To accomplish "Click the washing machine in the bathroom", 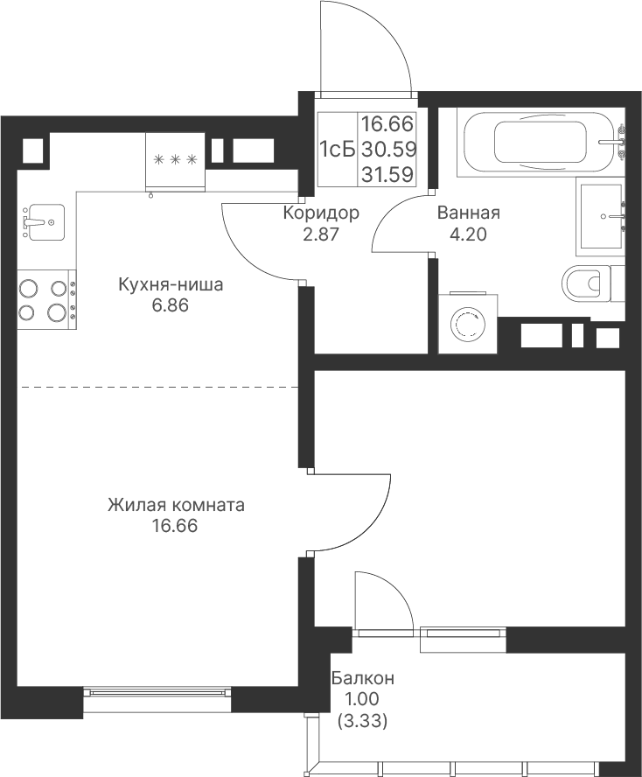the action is (x=468, y=324).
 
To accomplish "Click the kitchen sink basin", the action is (x=44, y=222).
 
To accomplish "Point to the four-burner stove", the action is (x=47, y=300).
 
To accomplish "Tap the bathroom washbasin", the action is (x=600, y=216).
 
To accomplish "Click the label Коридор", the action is (x=321, y=213).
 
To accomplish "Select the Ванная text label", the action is (x=468, y=213).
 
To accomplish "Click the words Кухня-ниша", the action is (x=171, y=284).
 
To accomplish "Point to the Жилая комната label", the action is (x=176, y=505).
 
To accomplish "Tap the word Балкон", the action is (x=363, y=677).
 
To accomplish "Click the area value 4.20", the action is (x=468, y=234).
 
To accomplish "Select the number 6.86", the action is (x=170, y=305).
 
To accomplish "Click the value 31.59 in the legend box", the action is (x=387, y=174).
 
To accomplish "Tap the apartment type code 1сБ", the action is (x=338, y=149).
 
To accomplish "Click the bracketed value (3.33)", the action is (x=362, y=721).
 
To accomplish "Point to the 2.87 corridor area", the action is (x=321, y=234).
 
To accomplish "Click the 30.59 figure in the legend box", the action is (x=388, y=149).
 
